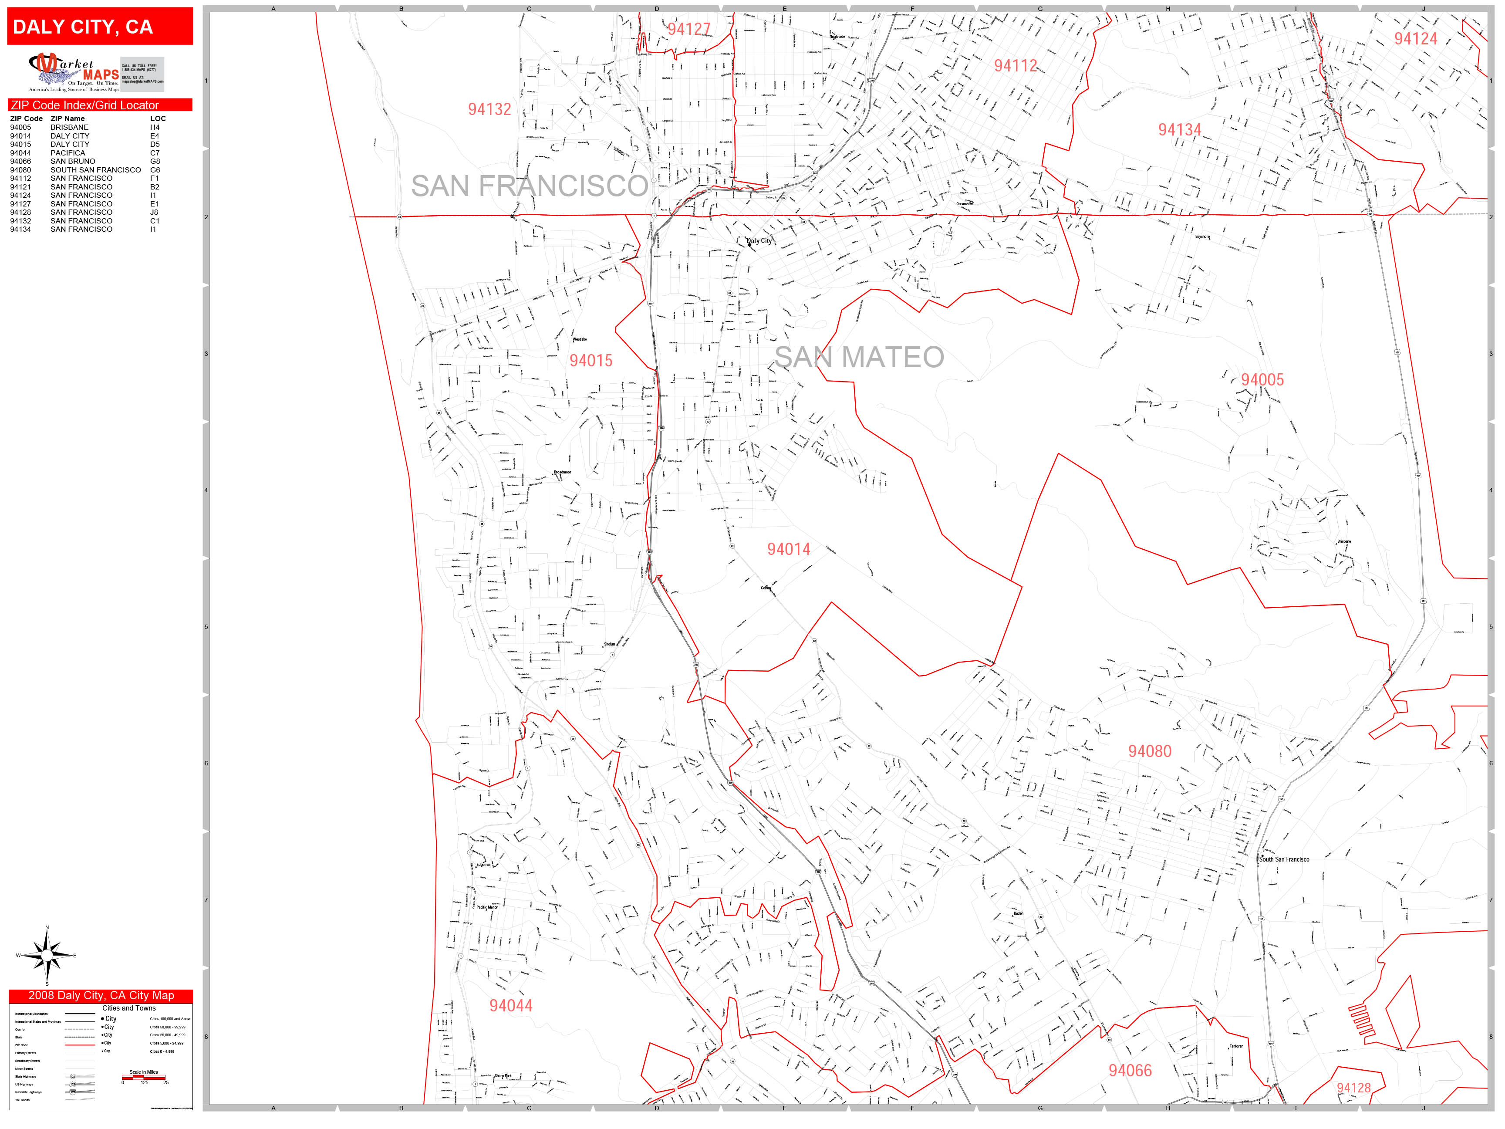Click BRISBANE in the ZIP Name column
click(69, 127)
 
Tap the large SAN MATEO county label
click(859, 357)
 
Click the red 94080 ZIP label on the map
click(1150, 751)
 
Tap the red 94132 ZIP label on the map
click(489, 109)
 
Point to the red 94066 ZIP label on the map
click(1130, 1071)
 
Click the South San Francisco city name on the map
click(1284, 859)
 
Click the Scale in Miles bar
click(144, 1077)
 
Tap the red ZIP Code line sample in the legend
click(80, 1044)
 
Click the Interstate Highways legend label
click(29, 1092)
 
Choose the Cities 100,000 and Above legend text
click(170, 1019)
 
